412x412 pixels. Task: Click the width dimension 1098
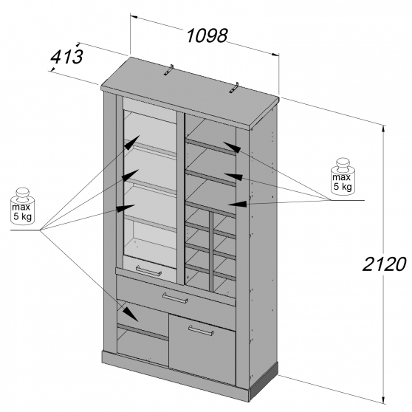207,35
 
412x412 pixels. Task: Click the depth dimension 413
66,57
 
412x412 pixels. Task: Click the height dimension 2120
385,264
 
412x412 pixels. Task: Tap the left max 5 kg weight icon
22,206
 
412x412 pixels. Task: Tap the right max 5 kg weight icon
342,176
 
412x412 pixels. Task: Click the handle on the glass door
149,271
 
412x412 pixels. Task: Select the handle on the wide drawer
175,298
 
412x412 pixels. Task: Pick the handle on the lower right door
201,330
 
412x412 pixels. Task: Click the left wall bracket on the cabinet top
169,70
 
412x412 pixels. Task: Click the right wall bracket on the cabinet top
233,88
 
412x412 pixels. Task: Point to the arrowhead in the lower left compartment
131,315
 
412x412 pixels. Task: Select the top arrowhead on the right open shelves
232,147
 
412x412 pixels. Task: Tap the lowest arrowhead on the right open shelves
237,204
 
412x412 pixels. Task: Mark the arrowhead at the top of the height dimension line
384,131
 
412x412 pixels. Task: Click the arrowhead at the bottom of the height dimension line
384,398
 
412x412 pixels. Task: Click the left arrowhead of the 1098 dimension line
134,17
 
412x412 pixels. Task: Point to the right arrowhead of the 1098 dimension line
275,55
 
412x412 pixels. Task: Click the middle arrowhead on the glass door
131,175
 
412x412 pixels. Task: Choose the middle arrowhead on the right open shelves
233,176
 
